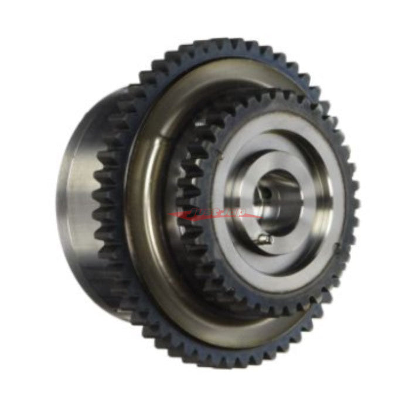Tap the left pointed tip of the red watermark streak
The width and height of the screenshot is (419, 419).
(x=169, y=215)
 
